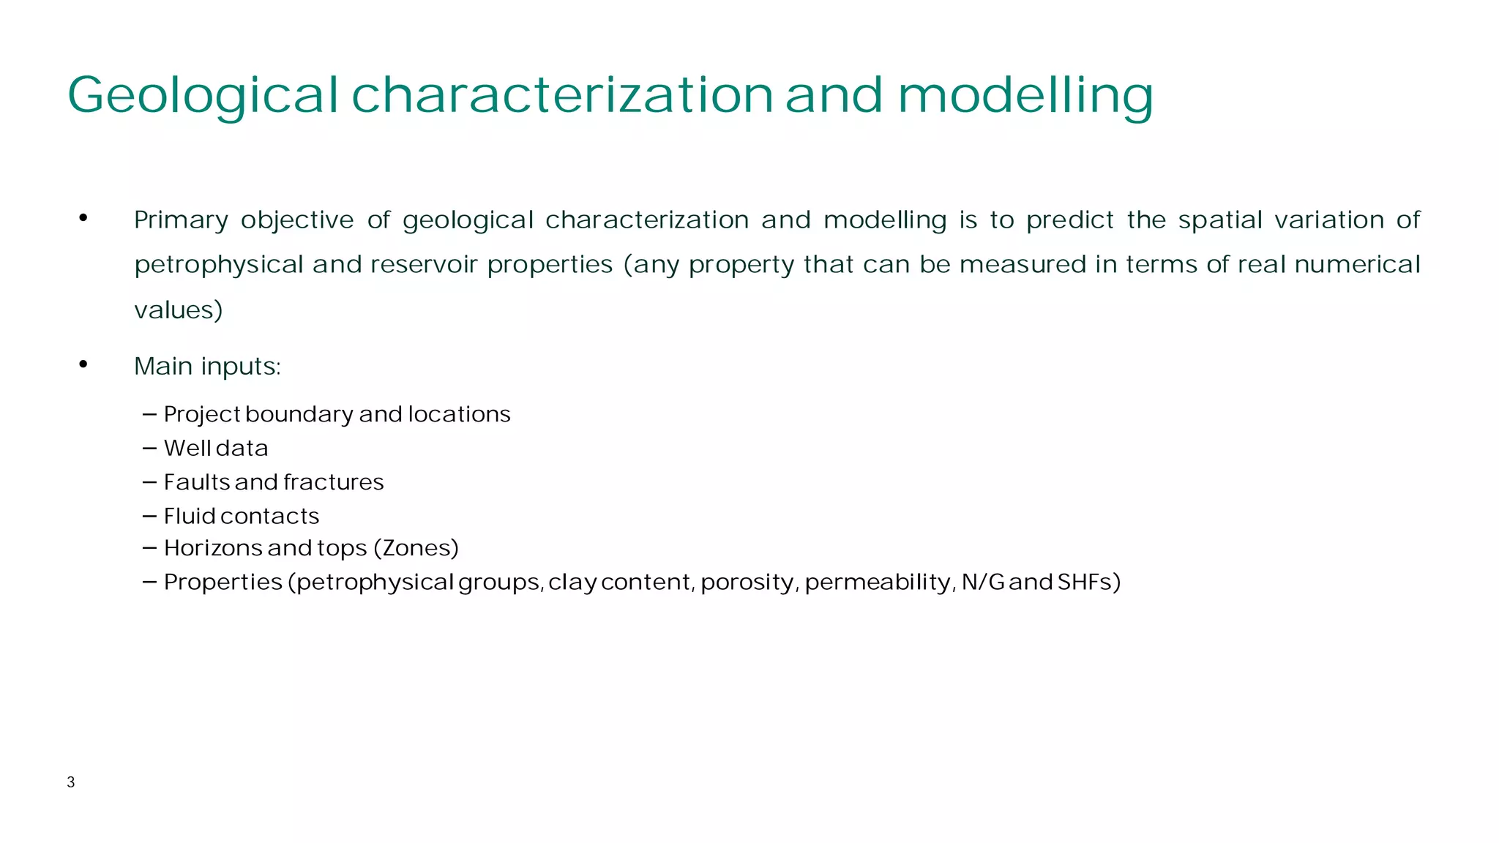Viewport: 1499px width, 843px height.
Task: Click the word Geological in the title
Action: (203, 95)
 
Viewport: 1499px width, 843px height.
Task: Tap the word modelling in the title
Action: (1025, 95)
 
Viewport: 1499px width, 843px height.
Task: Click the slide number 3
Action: (71, 782)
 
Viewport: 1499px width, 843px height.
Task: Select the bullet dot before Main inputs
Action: (83, 364)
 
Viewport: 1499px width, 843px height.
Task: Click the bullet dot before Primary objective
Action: (83, 218)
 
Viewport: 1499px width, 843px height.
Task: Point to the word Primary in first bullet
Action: (181, 220)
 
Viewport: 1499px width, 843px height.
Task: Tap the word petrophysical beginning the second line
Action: (219, 265)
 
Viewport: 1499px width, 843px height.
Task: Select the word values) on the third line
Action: (179, 310)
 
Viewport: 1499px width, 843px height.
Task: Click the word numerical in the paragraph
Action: (1357, 264)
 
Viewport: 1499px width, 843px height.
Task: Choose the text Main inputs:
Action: (207, 366)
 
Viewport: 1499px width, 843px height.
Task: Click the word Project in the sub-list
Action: (202, 414)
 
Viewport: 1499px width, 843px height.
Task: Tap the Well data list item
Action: (216, 448)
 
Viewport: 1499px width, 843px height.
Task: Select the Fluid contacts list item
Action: (242, 517)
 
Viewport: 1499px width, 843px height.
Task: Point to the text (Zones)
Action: (416, 548)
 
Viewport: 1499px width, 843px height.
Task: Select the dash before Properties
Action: (150, 582)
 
